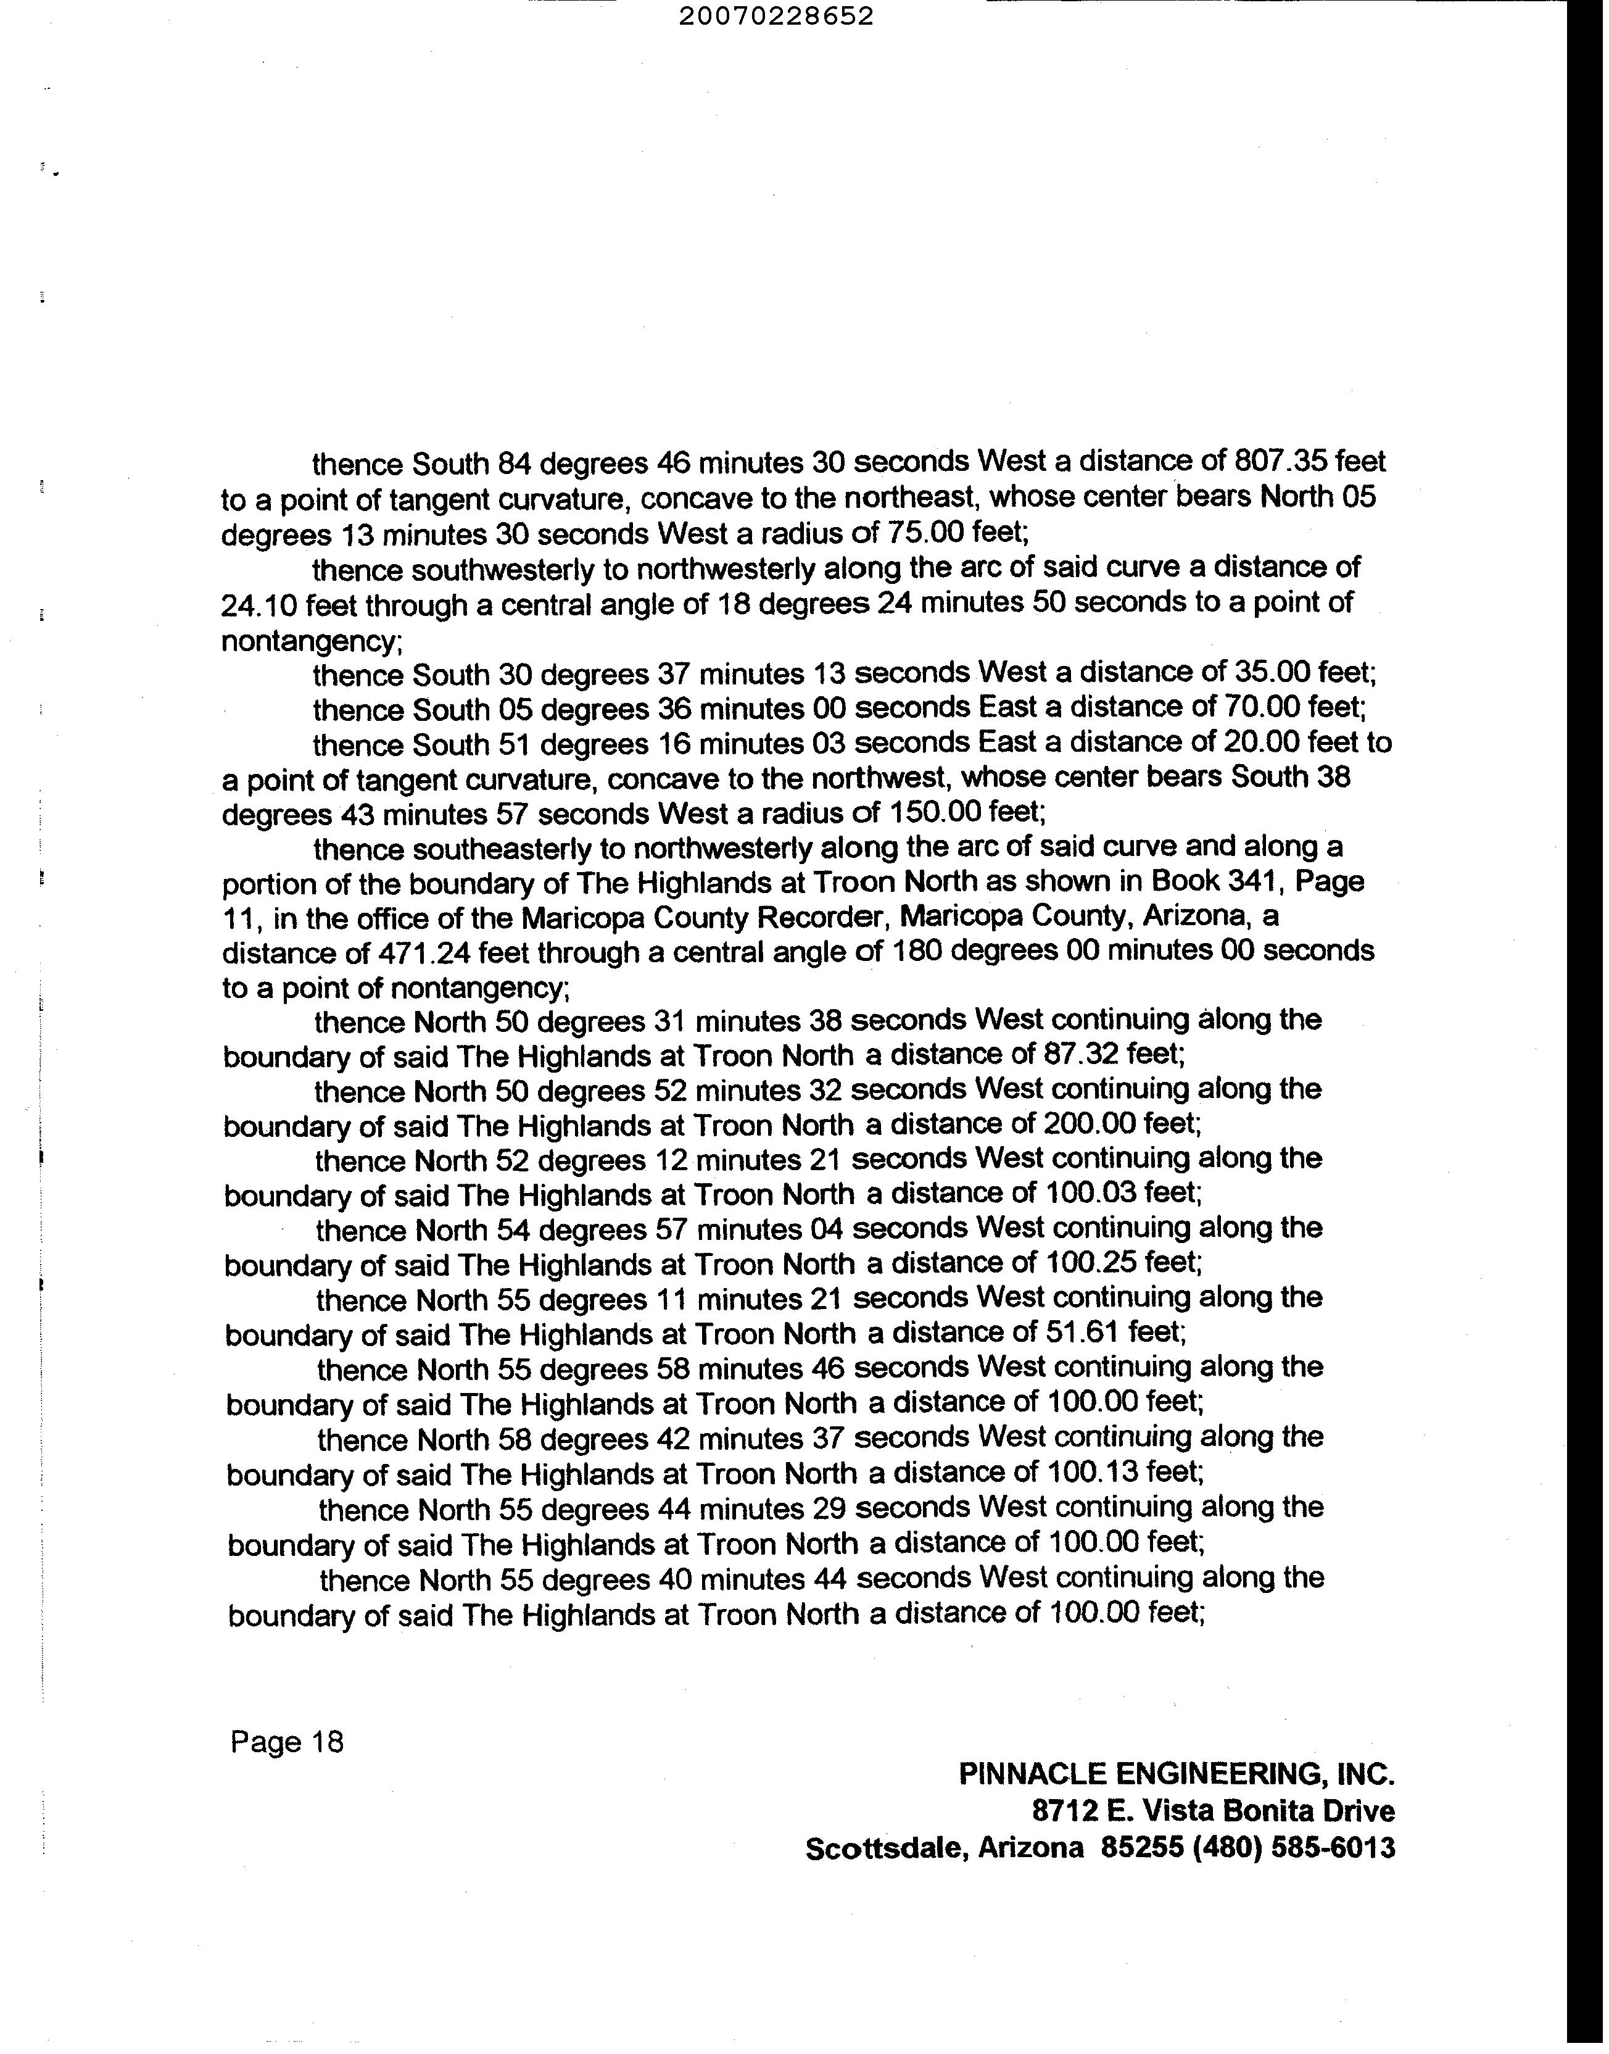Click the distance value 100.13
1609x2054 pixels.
(x=1092, y=1473)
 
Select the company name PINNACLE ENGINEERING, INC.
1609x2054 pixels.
(x=1176, y=1774)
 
